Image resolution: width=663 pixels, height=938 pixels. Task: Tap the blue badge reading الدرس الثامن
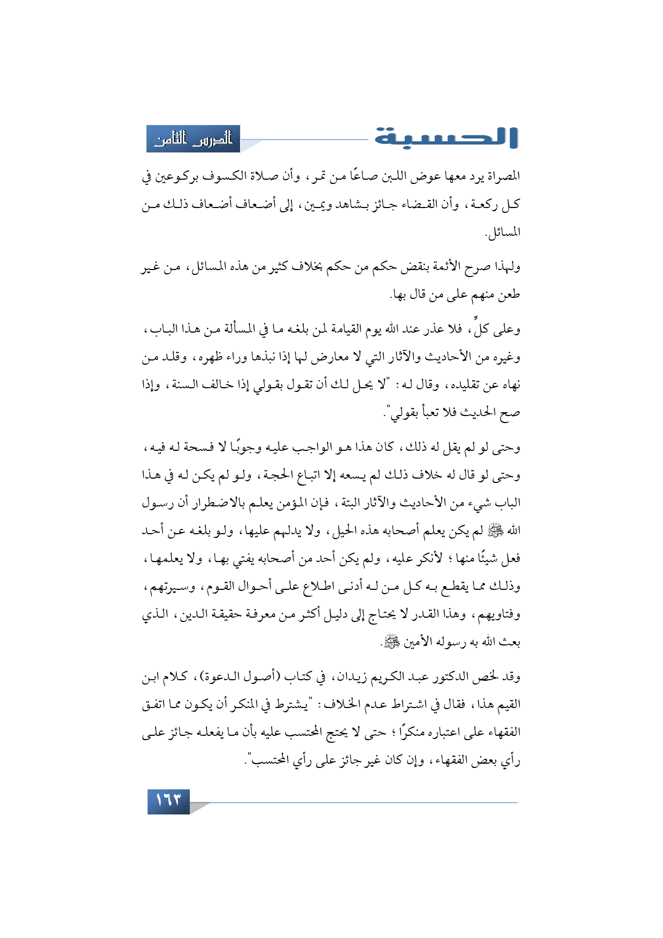pos(193,139)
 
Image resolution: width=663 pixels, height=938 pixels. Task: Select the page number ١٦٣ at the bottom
pos(168,802)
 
